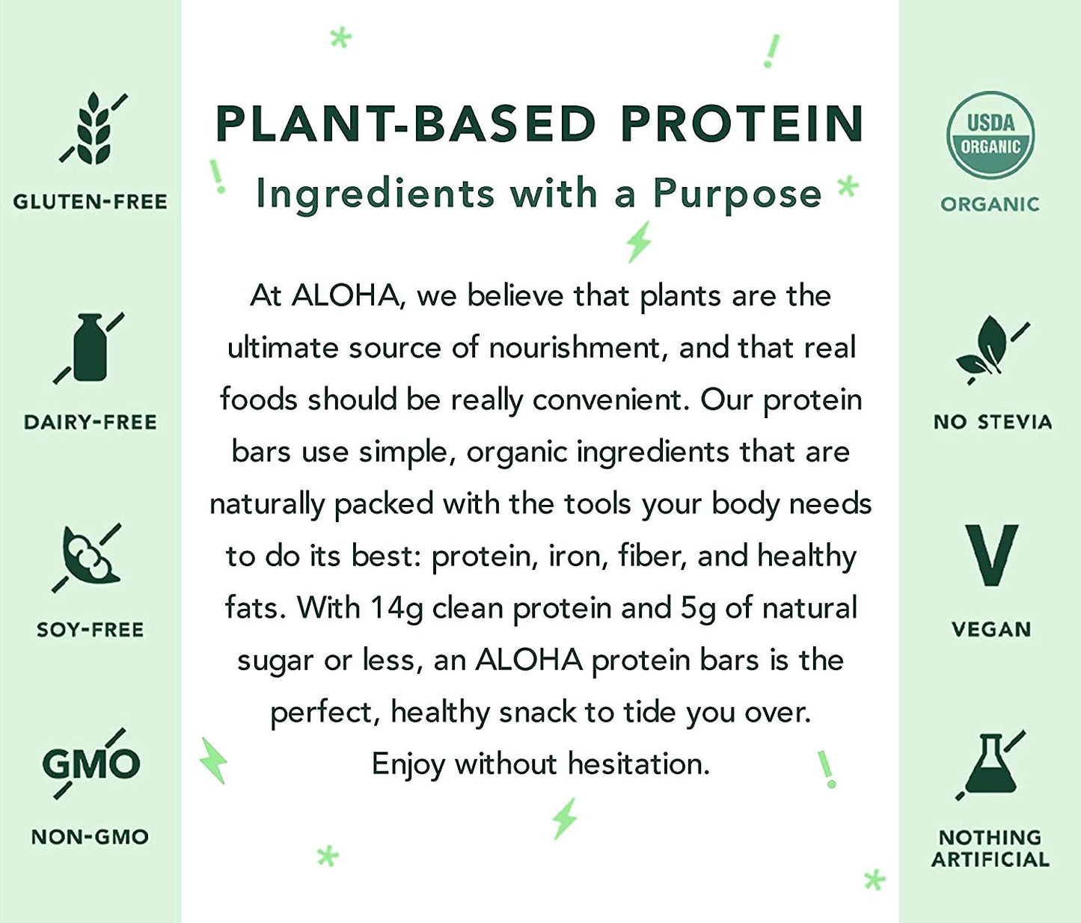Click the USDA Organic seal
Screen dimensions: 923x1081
[990, 135]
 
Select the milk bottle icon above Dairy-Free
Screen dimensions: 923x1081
[89, 348]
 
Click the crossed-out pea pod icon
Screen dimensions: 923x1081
[88, 557]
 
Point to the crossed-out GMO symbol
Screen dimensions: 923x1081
[90, 764]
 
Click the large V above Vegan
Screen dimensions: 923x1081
[990, 554]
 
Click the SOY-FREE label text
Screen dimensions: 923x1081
[90, 630]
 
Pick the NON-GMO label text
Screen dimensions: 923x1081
[90, 836]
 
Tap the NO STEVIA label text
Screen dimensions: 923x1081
[992, 422]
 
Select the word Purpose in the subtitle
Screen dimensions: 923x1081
[737, 193]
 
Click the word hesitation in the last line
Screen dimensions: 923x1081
[637, 764]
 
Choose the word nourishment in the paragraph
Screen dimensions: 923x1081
[575, 348]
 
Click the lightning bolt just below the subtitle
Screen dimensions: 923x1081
[638, 242]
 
